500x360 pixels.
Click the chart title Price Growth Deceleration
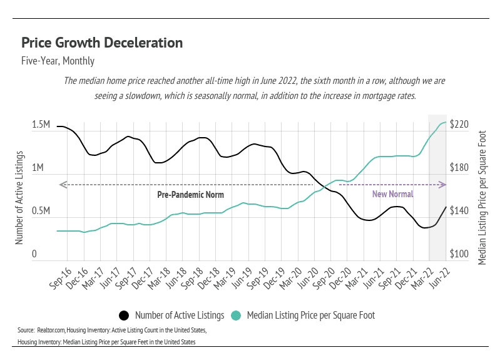(x=102, y=43)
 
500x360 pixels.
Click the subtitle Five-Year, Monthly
(x=58, y=61)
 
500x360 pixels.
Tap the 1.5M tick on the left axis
(x=41, y=125)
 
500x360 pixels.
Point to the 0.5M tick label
(x=41, y=212)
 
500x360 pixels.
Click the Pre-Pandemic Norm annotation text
(x=190, y=195)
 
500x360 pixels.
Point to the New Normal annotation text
(x=393, y=194)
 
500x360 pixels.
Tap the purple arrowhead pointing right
(x=443, y=185)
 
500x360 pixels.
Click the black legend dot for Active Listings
(x=124, y=315)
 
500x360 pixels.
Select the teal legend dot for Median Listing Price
(x=236, y=315)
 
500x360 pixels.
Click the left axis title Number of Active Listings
(x=19, y=197)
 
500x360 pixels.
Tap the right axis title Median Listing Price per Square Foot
(x=481, y=197)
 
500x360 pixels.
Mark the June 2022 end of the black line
(x=446, y=207)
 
